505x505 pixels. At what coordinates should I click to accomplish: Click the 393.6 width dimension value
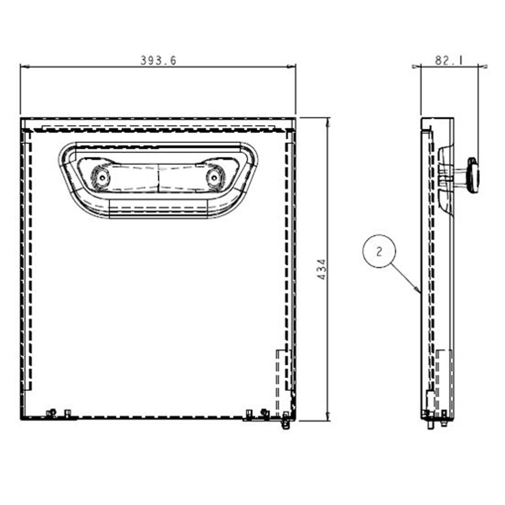click(x=158, y=61)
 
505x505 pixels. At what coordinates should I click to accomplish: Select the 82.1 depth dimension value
click(x=449, y=61)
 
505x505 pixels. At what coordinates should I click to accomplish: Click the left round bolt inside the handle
click(x=101, y=178)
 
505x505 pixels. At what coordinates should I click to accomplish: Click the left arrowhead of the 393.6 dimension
click(x=21, y=66)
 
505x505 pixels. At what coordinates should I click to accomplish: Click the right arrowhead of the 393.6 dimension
click(x=295, y=66)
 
